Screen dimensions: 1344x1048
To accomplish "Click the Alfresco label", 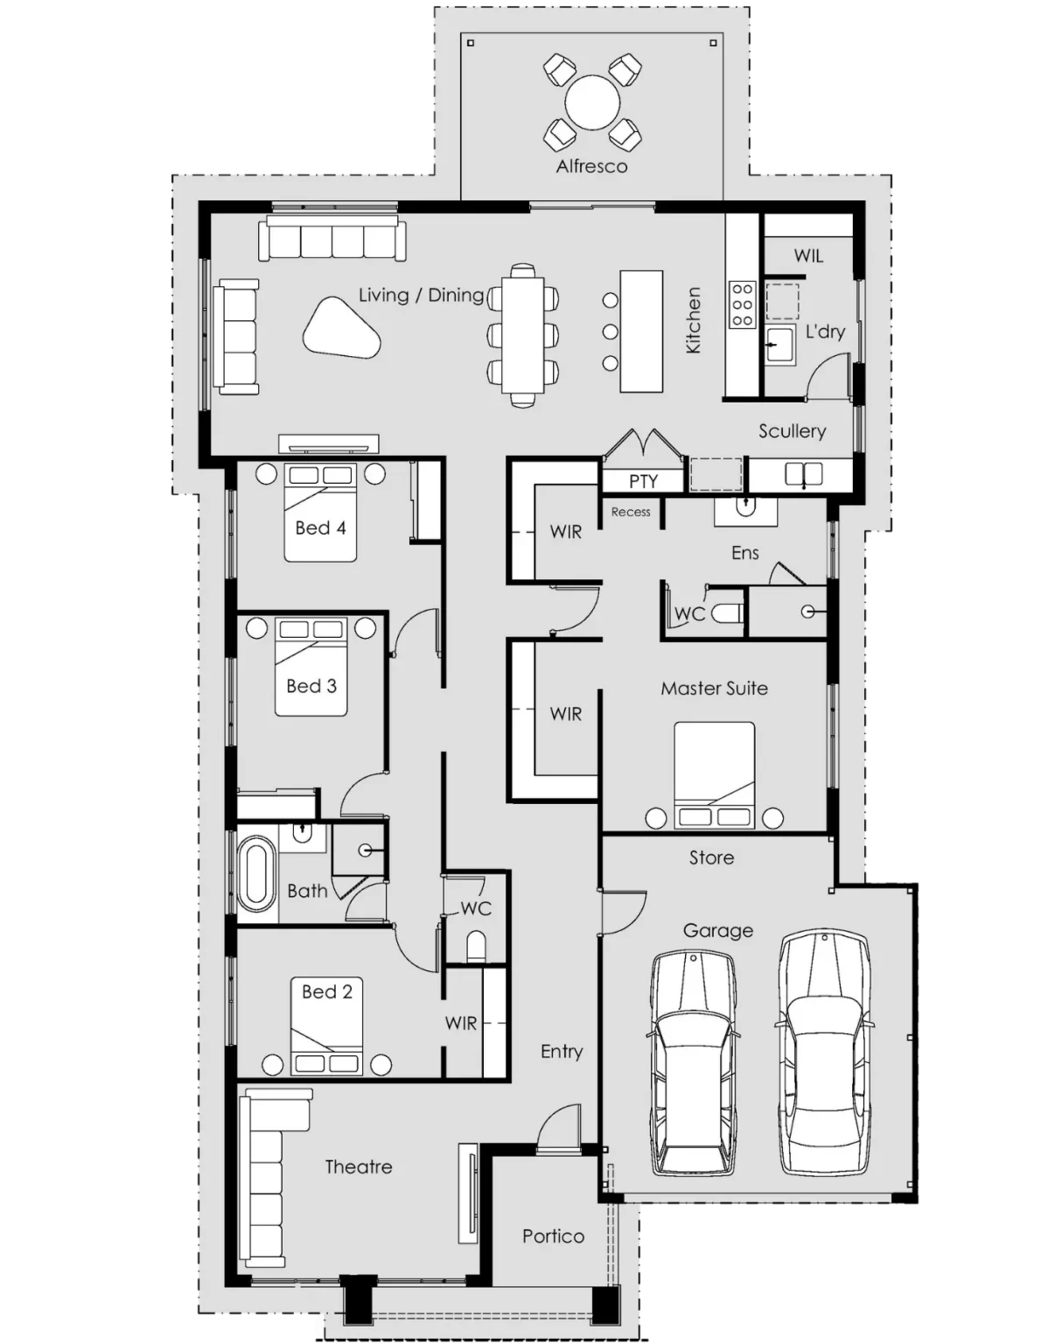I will click(591, 165).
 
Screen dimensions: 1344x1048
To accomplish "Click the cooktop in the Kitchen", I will click(742, 303).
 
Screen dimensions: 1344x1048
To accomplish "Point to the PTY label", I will click(643, 481).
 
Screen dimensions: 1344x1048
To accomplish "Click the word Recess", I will click(631, 512).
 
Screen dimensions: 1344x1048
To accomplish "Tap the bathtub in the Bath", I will click(256, 872).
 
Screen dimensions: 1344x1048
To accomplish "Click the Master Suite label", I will click(714, 689).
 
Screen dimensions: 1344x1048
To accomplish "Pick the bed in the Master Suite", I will click(714, 774).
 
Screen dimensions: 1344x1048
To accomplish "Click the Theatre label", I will click(358, 1166).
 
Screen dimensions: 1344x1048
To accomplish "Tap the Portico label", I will click(553, 1235).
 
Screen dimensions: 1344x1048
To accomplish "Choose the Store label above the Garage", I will click(711, 857).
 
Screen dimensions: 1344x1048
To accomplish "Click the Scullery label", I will click(792, 430).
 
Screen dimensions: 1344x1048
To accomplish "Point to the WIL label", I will click(808, 255).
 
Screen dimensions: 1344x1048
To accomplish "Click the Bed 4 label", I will click(320, 528).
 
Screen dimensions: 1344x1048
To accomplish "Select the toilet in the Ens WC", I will click(725, 613).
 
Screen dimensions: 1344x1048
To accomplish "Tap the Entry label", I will click(562, 1051).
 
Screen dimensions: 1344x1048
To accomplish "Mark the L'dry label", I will click(824, 332).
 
